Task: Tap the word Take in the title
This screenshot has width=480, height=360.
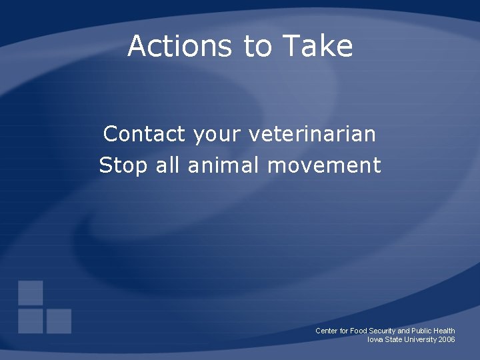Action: pyautogui.click(x=317, y=46)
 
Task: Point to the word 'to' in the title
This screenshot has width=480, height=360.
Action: pyautogui.click(x=258, y=46)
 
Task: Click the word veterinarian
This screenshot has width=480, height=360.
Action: pyautogui.click(x=312, y=134)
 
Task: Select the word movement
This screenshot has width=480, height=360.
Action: pyautogui.click(x=324, y=165)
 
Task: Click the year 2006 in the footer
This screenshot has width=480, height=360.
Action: pyautogui.click(x=447, y=339)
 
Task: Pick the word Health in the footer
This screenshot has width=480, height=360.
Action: pyautogui.click(x=443, y=331)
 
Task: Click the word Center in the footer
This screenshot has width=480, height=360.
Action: pyautogui.click(x=326, y=331)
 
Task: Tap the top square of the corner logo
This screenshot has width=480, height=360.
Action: pyautogui.click(x=31, y=293)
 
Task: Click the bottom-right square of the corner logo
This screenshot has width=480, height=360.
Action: pyautogui.click(x=59, y=321)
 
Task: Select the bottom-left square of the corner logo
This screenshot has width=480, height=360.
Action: pyautogui.click(x=31, y=321)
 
